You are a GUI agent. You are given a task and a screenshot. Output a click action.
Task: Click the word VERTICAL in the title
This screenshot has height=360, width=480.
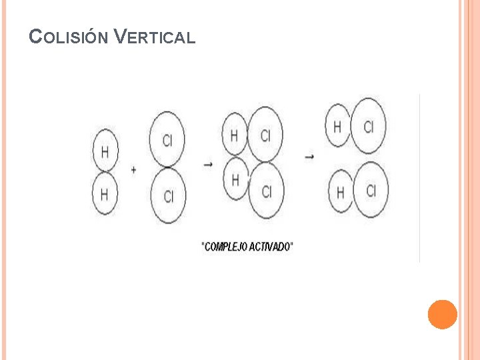pos(154,37)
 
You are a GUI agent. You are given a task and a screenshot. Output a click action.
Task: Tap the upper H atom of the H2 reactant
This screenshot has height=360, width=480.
pos(105,151)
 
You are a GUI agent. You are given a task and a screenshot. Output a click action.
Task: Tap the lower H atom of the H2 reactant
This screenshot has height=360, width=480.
pos(105,194)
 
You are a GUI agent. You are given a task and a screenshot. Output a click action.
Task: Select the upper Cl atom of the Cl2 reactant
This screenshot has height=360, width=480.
pos(167,139)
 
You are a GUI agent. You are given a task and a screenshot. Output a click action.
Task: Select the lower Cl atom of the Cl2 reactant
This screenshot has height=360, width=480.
pos(168,195)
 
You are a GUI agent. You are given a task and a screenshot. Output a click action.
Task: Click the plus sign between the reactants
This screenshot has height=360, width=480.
pos(134,170)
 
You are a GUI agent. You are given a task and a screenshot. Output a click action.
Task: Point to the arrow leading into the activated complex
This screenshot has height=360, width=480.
pos(208,164)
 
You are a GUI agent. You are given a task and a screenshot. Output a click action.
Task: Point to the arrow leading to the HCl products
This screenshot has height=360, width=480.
pos(309,157)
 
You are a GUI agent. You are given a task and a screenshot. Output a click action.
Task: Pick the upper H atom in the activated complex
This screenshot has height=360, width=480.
pos(235,136)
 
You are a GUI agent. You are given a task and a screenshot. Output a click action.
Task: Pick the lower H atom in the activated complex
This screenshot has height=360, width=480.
pos(235,179)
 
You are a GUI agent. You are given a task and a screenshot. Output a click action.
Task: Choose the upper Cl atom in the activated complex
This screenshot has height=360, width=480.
pos(265,135)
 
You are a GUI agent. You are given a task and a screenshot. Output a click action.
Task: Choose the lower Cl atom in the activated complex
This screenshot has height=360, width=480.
pos(266,192)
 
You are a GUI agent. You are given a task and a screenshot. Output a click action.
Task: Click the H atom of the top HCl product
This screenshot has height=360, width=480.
pos(338,126)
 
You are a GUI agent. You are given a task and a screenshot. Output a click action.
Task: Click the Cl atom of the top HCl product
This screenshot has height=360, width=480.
pos(368,126)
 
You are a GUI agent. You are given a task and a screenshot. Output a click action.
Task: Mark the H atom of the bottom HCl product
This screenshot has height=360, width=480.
pos(341,193)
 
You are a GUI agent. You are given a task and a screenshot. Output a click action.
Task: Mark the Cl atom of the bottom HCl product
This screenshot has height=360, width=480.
pos(371,190)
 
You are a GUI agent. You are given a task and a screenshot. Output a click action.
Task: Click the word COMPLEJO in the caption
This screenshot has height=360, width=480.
pos(226,247)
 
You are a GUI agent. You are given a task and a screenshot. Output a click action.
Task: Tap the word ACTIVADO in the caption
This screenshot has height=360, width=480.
pos(271,247)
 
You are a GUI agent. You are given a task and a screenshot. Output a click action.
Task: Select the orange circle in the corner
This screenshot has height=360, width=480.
pos(442,314)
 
